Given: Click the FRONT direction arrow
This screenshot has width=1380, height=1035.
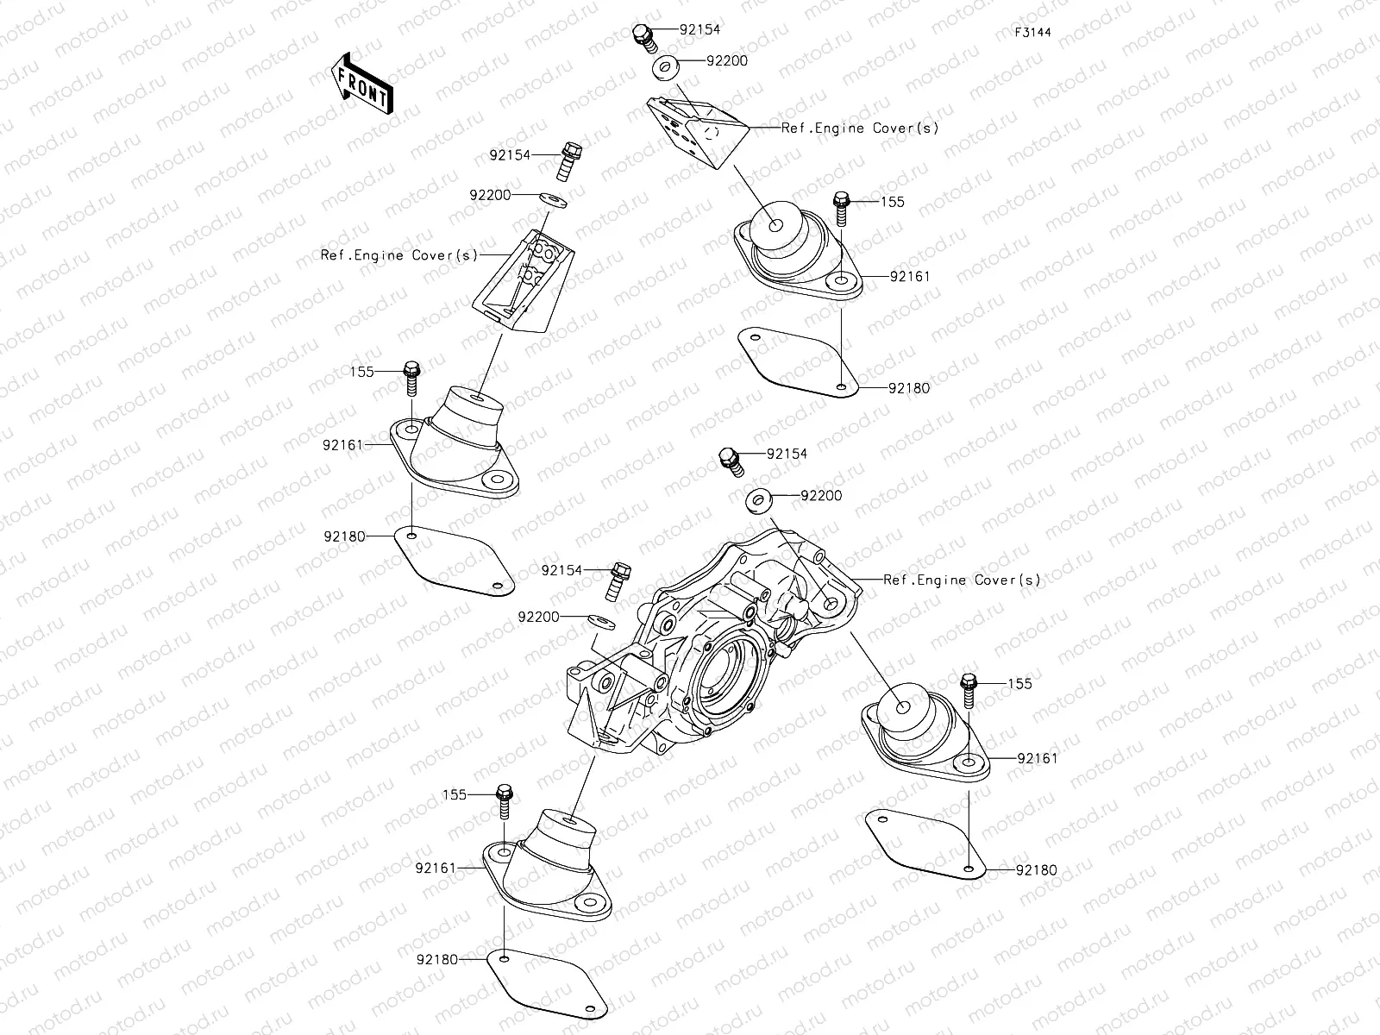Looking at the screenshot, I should pyautogui.click(x=361, y=83).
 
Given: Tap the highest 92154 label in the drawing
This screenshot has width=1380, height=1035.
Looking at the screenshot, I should pyautogui.click(x=699, y=29).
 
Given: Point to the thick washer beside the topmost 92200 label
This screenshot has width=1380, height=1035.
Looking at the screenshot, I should pyautogui.click(x=665, y=66).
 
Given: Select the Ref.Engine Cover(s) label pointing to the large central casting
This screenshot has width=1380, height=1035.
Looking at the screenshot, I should pyautogui.click(x=962, y=580).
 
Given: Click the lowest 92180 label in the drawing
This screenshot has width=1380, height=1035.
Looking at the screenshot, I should pyautogui.click(x=436, y=959).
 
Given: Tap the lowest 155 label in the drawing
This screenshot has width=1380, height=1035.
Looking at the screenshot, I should pyautogui.click(x=455, y=794).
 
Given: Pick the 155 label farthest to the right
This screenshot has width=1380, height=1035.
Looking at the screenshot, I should pyautogui.click(x=1019, y=684).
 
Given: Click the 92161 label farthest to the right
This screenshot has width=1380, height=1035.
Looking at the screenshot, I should pyautogui.click(x=1037, y=759).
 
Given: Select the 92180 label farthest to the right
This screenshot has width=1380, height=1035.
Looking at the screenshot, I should pyautogui.click(x=1037, y=870).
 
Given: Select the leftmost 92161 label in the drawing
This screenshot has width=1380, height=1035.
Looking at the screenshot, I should pyautogui.click(x=343, y=445).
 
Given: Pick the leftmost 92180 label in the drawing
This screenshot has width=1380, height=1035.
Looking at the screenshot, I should pyautogui.click(x=344, y=536).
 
